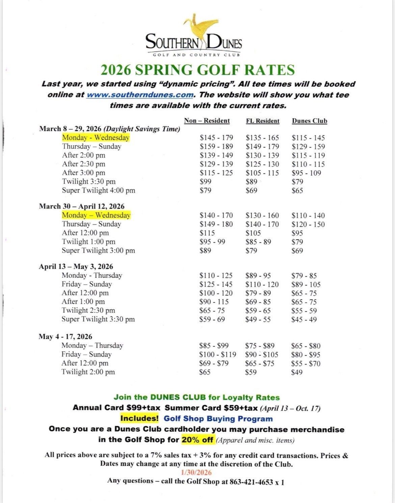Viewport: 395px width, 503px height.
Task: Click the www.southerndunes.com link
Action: [x=140, y=95]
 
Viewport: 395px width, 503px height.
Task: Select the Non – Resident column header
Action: [x=207, y=121]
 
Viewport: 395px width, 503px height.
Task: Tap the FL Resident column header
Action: [x=263, y=121]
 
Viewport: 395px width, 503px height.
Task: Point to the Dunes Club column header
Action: [x=309, y=121]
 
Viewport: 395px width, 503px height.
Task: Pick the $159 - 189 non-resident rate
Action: [x=216, y=147]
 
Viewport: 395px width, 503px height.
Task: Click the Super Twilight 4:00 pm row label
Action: [x=99, y=190]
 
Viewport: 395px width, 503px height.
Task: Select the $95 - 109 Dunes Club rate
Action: [x=306, y=173]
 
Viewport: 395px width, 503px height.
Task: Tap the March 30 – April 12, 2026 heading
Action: [x=81, y=206]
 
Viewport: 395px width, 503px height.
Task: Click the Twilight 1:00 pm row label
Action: [x=88, y=242]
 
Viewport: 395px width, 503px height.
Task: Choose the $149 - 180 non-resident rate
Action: [x=216, y=224]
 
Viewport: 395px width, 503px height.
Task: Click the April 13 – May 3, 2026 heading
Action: [x=76, y=266]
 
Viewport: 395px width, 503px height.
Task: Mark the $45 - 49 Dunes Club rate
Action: [x=304, y=319]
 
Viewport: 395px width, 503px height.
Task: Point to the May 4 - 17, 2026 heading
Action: [x=65, y=337]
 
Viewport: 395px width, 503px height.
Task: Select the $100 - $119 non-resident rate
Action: [x=217, y=354]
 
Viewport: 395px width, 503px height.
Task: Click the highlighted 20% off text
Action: [x=197, y=440]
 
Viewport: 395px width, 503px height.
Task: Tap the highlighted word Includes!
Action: [x=139, y=418]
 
